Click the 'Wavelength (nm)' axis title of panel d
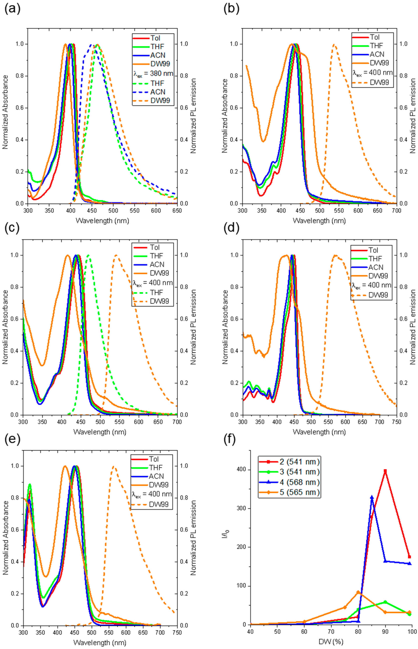coord(319,432)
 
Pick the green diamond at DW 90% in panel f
coord(385,600)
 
